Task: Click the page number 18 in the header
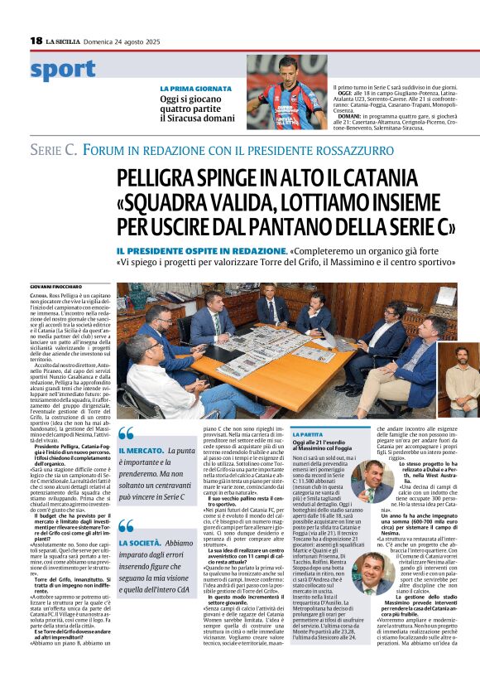pyautogui.click(x=36, y=41)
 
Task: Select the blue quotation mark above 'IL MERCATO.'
pyautogui.click(x=125, y=433)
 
